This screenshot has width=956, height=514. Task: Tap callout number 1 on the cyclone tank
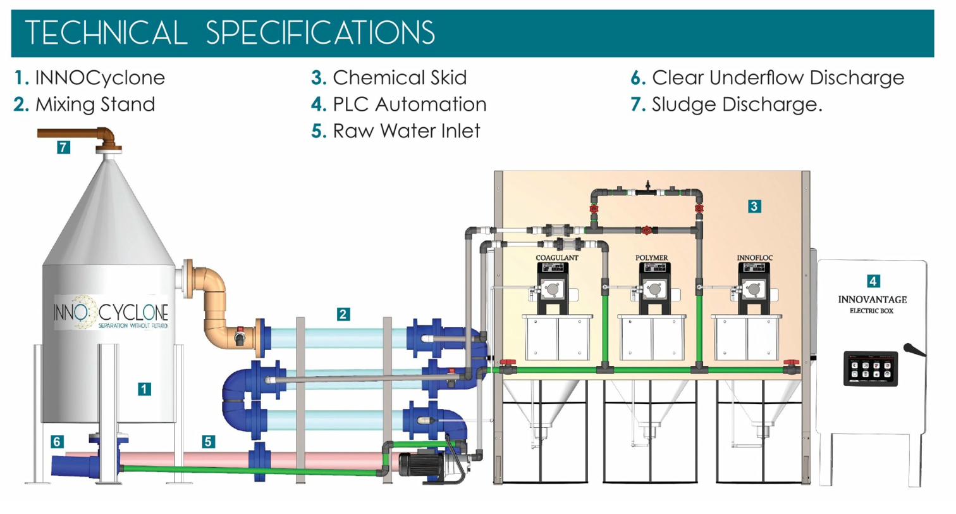(145, 389)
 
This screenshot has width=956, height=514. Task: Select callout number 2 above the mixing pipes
(343, 314)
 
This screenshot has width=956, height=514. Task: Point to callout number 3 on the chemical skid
(754, 205)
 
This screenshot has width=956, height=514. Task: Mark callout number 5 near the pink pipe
(208, 442)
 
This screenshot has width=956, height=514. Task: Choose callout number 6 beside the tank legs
(58, 442)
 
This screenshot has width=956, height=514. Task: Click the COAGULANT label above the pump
(557, 258)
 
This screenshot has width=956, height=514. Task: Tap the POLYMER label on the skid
(651, 258)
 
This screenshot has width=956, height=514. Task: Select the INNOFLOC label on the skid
(754, 258)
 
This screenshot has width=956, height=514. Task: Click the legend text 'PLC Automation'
(409, 104)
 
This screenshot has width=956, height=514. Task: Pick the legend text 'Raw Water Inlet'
(407, 130)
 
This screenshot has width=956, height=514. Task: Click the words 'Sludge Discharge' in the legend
(736, 104)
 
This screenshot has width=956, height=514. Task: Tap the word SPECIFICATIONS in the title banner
(321, 34)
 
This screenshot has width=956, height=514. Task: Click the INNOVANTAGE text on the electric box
(872, 299)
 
